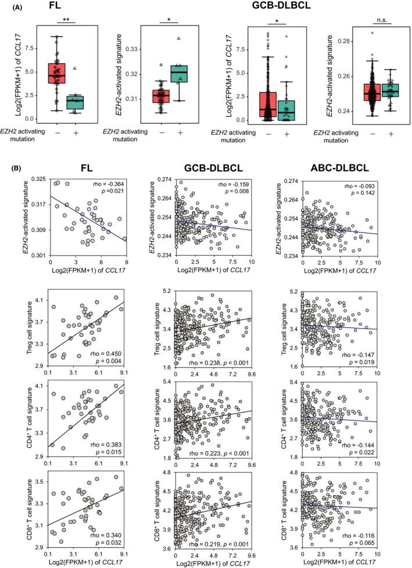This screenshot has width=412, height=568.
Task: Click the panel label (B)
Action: [21, 169]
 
